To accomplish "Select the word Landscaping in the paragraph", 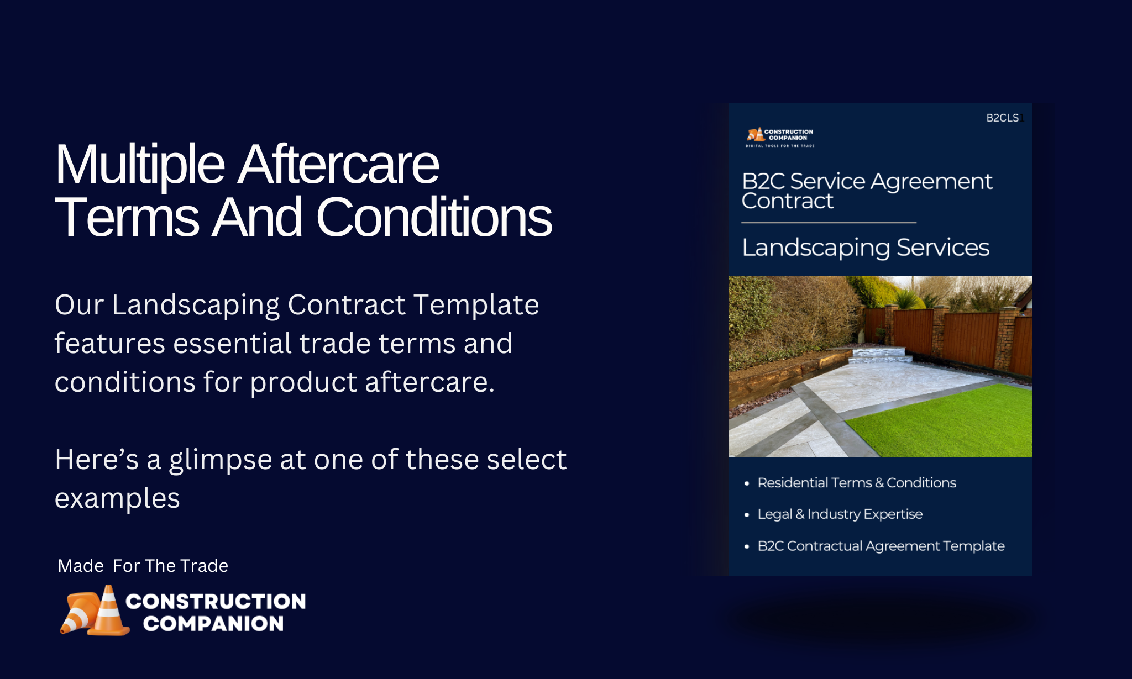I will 196,305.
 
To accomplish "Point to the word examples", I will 117,498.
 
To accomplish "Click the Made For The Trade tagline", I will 143,566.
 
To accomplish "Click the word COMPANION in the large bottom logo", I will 213,624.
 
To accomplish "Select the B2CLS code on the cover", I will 1002,118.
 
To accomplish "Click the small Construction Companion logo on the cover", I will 780,136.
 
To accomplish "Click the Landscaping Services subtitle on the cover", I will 865,248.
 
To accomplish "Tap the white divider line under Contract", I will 829,223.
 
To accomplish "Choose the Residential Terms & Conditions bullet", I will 856,483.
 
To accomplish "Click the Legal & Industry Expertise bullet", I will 840,514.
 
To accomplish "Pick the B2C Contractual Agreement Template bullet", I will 881,546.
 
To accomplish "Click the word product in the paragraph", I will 303,382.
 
